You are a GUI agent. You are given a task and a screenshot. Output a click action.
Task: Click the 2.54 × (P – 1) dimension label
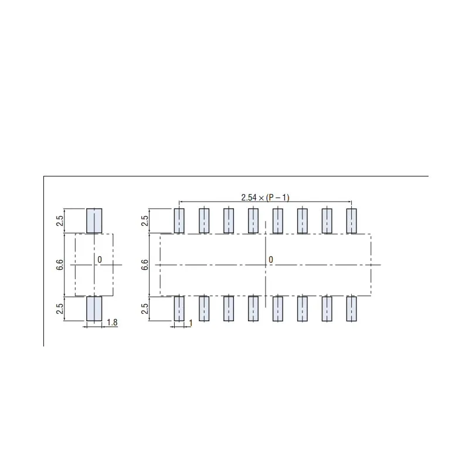(265, 197)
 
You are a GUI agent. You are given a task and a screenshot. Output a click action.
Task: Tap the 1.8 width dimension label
(113, 322)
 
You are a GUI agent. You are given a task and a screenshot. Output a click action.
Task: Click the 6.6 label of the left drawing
(60, 265)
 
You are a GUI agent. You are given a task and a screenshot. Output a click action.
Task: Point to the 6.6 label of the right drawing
(145, 265)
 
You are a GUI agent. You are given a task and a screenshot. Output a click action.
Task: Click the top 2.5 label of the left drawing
(60, 221)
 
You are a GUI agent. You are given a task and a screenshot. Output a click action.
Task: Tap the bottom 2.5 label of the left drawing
(60, 309)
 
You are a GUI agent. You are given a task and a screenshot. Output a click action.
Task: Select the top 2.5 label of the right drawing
(145, 221)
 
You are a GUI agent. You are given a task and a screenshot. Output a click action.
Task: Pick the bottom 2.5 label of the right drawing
(145, 309)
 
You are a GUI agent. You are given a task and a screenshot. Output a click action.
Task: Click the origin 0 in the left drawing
(100, 259)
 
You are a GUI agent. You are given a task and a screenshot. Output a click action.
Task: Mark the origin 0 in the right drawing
(271, 259)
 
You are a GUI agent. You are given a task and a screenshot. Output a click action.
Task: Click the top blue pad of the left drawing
(94, 220)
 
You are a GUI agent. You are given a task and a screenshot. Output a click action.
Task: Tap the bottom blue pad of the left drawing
(94, 308)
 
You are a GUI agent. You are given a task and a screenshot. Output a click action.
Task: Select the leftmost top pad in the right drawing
(179, 220)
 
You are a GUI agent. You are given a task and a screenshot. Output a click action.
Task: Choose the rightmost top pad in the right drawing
(351, 220)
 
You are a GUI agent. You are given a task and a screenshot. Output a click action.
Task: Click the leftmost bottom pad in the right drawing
(179, 308)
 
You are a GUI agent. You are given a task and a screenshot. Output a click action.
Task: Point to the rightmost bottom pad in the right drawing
(351, 308)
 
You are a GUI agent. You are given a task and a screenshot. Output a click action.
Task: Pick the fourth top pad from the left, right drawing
(253, 220)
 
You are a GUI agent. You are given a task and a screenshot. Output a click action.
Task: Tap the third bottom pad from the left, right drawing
(228, 308)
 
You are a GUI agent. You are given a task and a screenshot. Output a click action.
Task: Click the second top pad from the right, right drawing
(327, 220)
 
